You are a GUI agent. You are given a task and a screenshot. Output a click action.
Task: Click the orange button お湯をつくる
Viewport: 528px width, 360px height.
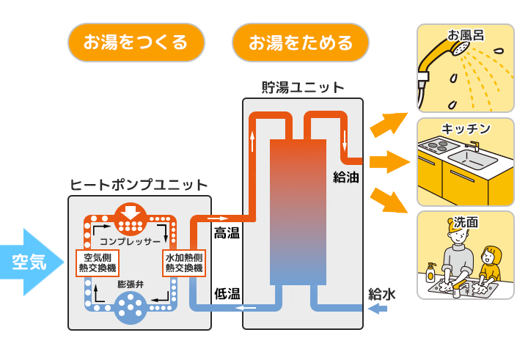pos(136,42)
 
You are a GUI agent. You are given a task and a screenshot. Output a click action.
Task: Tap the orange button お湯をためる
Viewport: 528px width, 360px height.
pos(300,42)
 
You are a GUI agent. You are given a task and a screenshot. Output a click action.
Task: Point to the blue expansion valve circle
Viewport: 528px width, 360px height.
pos(131,307)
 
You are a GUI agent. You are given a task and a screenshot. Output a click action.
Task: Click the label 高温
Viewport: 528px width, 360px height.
pos(227,234)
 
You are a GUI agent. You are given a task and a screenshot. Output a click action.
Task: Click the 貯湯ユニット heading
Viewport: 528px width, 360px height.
pos(303,87)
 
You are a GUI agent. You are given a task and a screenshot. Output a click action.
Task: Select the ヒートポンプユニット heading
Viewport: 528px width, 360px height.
pos(139,185)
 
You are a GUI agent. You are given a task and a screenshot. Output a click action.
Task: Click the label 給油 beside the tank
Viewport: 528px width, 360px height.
pos(345,177)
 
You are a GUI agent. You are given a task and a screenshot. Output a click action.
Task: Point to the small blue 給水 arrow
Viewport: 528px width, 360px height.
pos(378,309)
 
